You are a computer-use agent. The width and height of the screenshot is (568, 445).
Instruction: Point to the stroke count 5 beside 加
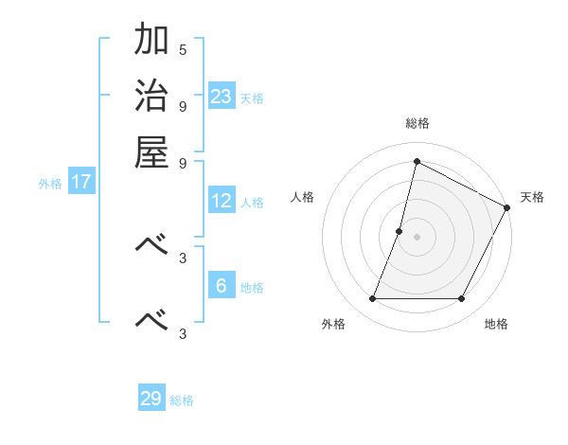pyautogui.click(x=183, y=49)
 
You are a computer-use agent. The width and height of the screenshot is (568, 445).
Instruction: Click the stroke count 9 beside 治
pyautogui.click(x=183, y=105)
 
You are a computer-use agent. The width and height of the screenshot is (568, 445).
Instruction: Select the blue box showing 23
pyautogui.click(x=222, y=96)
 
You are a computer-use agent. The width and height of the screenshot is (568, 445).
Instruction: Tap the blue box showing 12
pyautogui.click(x=222, y=201)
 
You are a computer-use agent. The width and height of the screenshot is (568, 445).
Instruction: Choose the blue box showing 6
pyautogui.click(x=222, y=285)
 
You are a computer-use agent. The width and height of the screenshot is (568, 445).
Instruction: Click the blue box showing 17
pyautogui.click(x=81, y=182)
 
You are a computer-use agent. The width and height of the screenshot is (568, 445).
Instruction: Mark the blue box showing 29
pyautogui.click(x=151, y=399)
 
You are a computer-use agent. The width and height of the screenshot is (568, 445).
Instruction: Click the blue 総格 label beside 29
pyautogui.click(x=183, y=400)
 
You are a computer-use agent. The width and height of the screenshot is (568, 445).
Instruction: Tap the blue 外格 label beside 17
pyautogui.click(x=50, y=184)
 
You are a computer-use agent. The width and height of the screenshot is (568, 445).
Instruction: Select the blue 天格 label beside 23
pyautogui.click(x=252, y=98)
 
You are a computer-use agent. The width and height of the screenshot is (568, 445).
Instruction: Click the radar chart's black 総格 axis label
pyautogui.click(x=417, y=124)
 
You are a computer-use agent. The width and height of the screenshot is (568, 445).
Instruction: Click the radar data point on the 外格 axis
pyautogui.click(x=372, y=299)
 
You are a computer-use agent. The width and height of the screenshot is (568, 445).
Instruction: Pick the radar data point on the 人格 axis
pyautogui.click(x=399, y=231)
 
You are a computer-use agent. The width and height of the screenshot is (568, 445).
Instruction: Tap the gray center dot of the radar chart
pyautogui.click(x=417, y=237)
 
